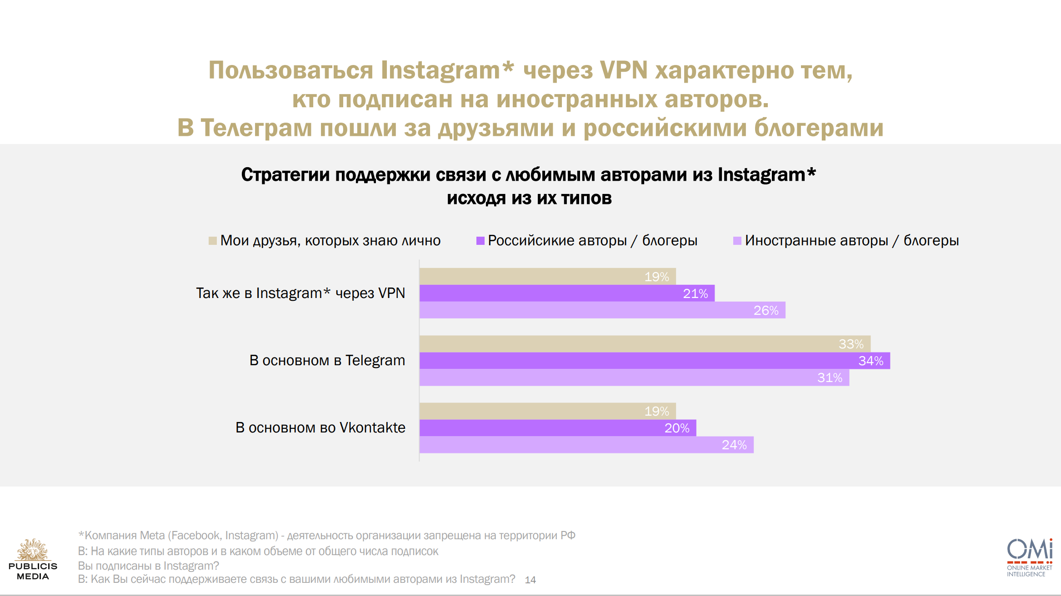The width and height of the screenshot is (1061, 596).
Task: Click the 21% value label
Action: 695,293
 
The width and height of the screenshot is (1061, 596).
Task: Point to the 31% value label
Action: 830,377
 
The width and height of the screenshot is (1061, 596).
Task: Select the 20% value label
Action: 677,428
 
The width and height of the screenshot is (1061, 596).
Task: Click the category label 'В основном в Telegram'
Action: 327,360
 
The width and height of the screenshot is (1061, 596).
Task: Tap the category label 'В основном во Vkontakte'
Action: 320,427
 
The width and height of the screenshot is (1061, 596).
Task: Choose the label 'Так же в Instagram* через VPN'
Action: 300,293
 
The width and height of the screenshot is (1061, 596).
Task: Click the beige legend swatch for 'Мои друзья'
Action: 212,241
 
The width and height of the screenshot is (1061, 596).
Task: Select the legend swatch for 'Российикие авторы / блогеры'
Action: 480,241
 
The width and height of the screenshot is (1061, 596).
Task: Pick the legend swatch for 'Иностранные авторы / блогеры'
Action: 737,241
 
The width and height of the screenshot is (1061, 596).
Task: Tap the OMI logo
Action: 1030,550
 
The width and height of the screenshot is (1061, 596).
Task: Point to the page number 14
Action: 530,580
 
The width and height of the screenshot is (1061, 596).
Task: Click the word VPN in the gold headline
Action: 623,70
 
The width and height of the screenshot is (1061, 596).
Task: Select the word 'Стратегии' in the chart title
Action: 285,175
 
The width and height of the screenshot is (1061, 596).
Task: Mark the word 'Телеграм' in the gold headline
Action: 256,128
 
